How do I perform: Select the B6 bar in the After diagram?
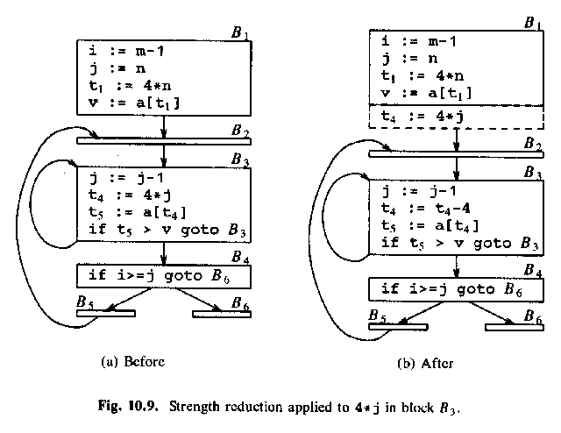pyautogui.click(x=516, y=328)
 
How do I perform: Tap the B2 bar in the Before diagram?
pyautogui.click(x=164, y=139)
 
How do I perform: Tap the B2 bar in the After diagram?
pyautogui.click(x=456, y=153)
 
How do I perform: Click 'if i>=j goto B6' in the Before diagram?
pyautogui.click(x=163, y=275)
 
